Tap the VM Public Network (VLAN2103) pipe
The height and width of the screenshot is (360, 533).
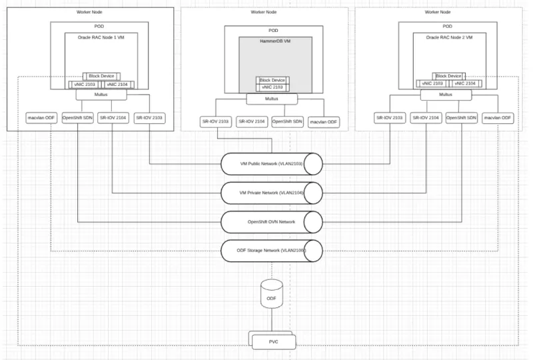coord(271,163)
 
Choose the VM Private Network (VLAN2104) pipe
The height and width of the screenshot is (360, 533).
coord(271,192)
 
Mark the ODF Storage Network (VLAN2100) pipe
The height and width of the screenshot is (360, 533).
coord(271,250)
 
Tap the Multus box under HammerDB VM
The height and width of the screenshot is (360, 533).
coord(271,99)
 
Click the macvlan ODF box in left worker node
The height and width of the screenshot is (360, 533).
coord(39,118)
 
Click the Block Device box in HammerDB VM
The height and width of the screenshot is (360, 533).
coord(271,80)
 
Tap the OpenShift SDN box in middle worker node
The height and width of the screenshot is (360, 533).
coord(288,122)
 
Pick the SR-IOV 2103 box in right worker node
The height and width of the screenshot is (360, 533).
coord(390,118)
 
